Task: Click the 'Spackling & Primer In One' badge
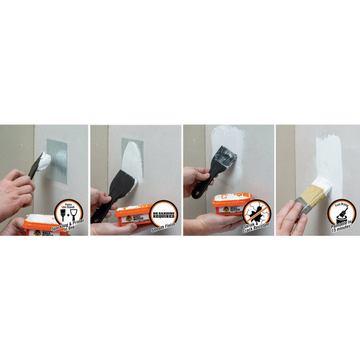tap(71, 211)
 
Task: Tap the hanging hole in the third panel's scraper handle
tap(201, 190)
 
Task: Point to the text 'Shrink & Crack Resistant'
tap(254, 229)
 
